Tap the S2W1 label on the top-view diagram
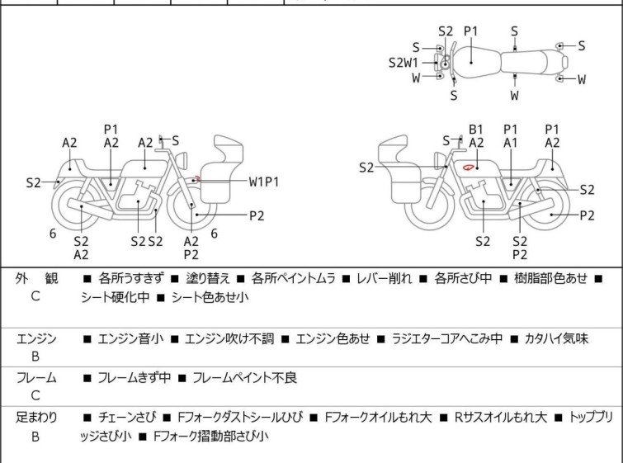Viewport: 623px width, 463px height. point(404,62)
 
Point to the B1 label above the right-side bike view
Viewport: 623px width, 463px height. point(476,129)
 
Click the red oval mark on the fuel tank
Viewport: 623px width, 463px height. point(469,168)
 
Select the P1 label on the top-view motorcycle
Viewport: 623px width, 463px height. point(470,31)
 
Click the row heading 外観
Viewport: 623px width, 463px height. point(35,279)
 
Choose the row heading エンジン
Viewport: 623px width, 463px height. point(36,338)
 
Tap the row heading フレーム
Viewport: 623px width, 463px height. point(36,378)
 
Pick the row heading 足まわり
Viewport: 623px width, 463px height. point(36,418)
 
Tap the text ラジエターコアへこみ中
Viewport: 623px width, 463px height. point(445,338)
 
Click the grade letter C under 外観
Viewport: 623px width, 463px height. point(35,297)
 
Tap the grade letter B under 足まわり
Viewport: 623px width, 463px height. point(35,436)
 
